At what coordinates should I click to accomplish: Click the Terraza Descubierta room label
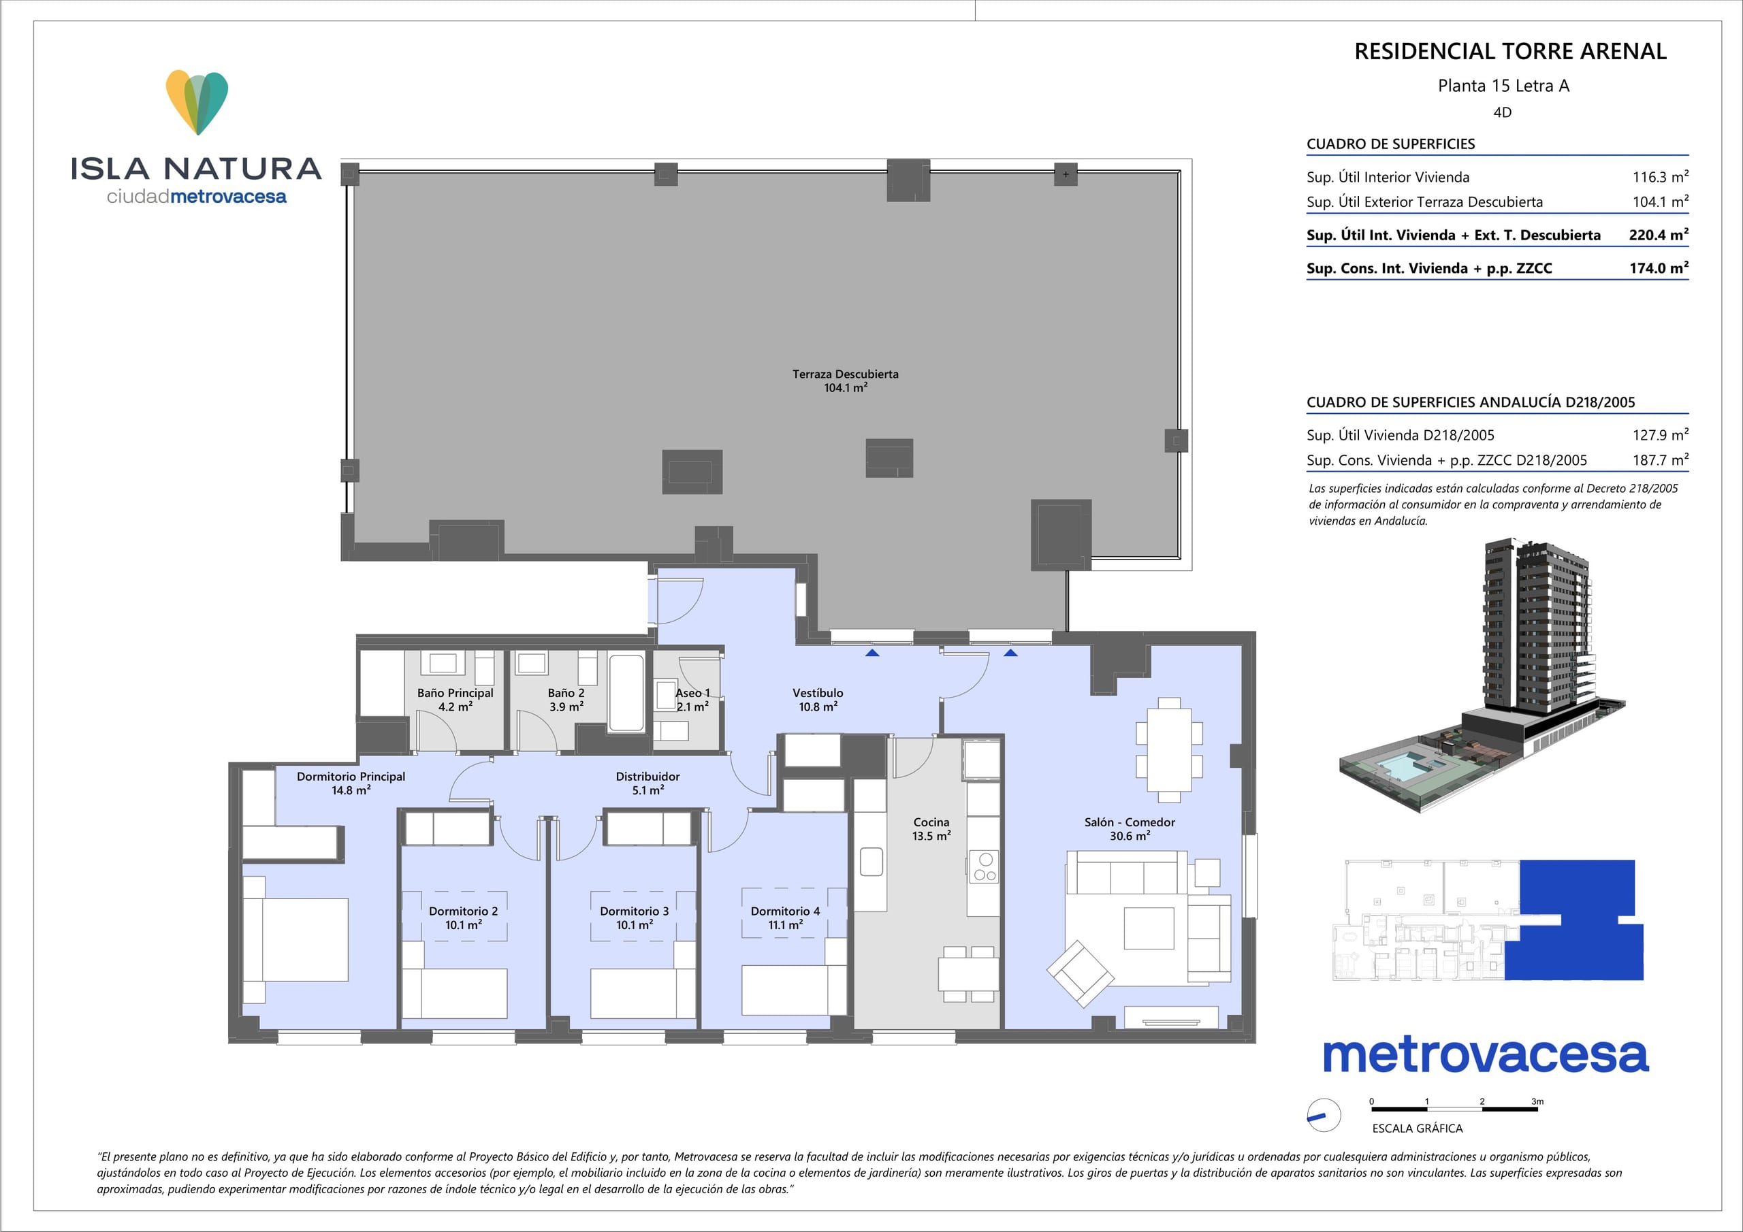[845, 381]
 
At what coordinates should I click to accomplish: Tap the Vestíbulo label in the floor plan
[818, 700]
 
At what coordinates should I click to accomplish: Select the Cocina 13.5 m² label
[931, 829]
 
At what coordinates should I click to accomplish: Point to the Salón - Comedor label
[1130, 829]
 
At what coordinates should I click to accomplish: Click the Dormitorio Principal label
[351, 783]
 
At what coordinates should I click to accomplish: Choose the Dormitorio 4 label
[785, 918]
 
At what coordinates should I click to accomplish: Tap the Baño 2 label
[566, 700]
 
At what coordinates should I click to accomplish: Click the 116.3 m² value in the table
[1660, 177]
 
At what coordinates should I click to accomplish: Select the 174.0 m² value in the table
[1659, 268]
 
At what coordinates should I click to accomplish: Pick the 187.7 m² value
[1660, 460]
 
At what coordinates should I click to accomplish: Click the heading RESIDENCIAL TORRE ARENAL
[1511, 52]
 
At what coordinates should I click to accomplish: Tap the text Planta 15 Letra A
[1503, 86]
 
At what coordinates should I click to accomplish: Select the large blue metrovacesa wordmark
[1486, 1055]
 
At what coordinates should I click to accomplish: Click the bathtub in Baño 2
[626, 693]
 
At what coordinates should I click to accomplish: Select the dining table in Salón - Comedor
[1169, 749]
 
